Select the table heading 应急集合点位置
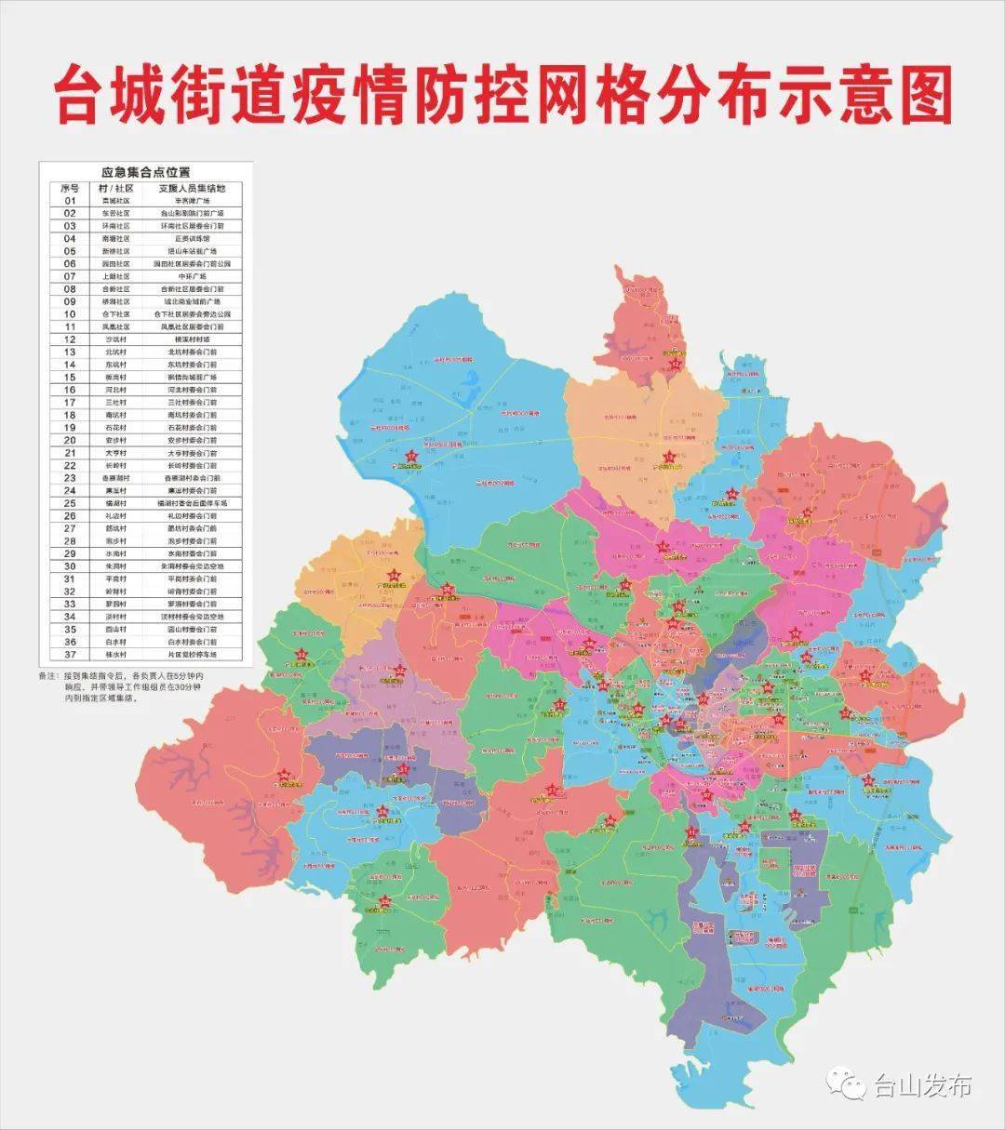tap(145, 172)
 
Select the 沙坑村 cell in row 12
tap(116, 339)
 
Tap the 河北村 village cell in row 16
tap(116, 390)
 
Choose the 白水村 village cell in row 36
tap(116, 642)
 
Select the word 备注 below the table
tap(47, 674)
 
